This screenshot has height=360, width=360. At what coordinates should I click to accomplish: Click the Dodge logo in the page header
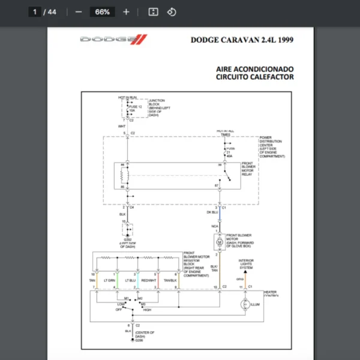coord(113,40)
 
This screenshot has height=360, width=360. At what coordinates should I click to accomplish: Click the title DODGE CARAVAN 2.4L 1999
coord(242,41)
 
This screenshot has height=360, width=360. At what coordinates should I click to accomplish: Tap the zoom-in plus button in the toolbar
coord(126,12)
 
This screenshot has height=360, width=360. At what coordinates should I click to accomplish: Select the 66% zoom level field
coord(102,12)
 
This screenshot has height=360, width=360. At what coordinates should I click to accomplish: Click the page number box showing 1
coord(35,12)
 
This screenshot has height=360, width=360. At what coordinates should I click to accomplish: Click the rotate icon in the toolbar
coord(172,12)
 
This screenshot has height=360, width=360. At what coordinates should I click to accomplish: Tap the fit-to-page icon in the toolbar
coord(153,12)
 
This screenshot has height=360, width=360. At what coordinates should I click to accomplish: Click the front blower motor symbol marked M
coord(220,241)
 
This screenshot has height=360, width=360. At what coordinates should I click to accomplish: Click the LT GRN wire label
coord(109,280)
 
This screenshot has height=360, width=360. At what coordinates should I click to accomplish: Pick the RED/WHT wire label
coord(149,280)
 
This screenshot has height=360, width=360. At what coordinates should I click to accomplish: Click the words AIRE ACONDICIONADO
coord(255,68)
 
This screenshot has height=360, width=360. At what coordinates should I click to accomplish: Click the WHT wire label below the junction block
coord(122,127)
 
